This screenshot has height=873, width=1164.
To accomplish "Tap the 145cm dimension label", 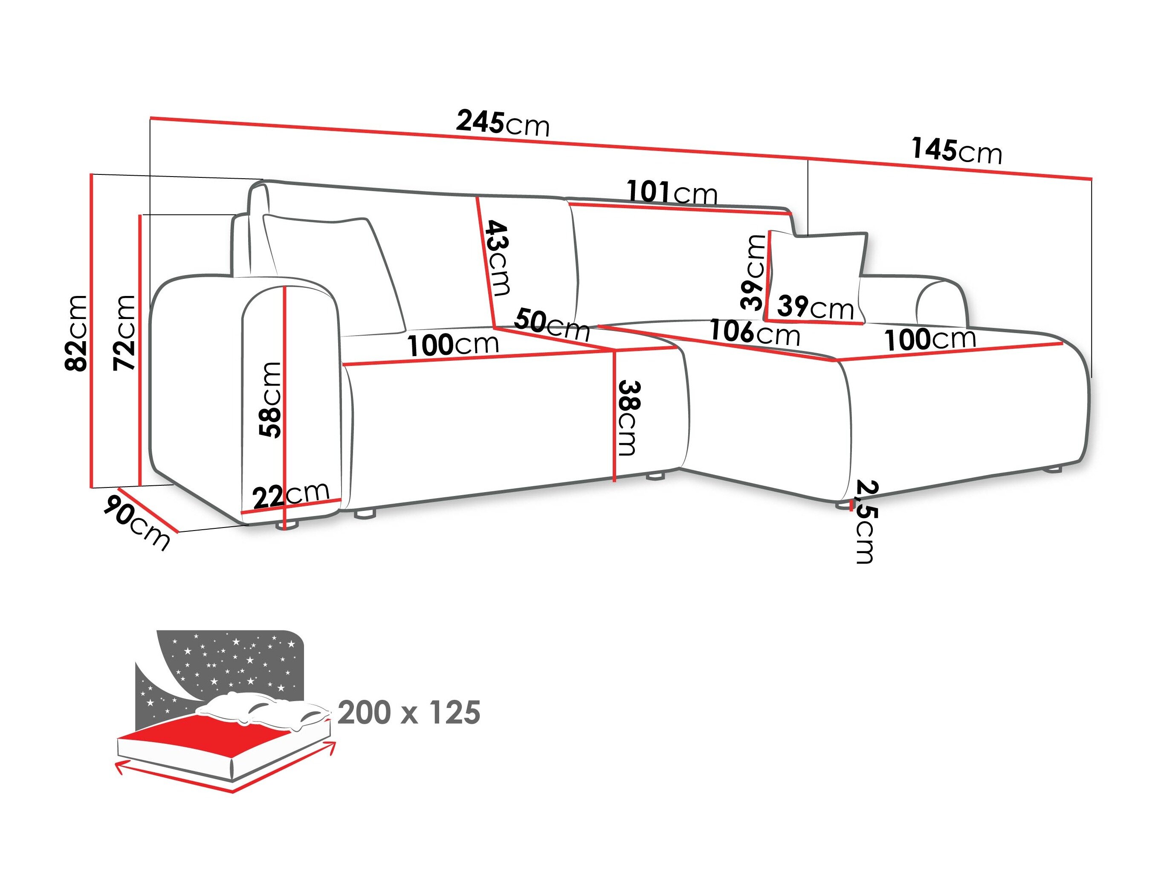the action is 957,151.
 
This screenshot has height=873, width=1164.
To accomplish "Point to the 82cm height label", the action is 76,333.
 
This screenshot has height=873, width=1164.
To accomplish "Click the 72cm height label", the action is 125,333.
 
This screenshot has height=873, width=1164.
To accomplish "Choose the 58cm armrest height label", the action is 270,400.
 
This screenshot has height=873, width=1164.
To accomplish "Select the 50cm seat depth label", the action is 552,325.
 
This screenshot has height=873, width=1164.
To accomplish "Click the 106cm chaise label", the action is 755,333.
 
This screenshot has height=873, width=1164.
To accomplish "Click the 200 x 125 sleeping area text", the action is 409,713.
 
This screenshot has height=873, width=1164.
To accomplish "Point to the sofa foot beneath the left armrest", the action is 287,525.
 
